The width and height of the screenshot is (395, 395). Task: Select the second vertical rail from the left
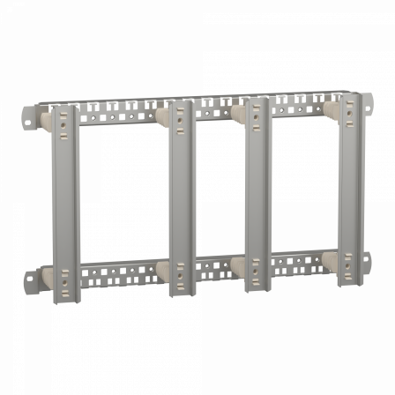pyautogui.click(x=179, y=203)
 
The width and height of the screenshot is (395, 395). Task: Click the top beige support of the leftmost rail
pyautogui.click(x=44, y=117)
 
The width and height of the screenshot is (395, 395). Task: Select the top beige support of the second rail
pyautogui.click(x=163, y=115)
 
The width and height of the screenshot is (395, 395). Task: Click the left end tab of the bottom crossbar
pyautogui.click(x=28, y=280)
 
